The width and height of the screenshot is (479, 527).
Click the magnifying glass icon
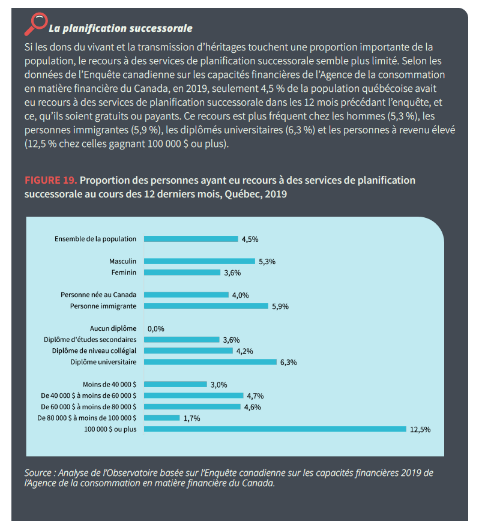pyautogui.click(x=35, y=23)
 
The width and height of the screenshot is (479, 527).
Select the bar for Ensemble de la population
pyautogui.click(x=191, y=239)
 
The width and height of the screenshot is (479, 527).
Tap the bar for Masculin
pyautogui.click(x=199, y=261)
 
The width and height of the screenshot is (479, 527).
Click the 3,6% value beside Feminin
pyautogui.click(x=232, y=273)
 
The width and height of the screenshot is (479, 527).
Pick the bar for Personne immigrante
pyautogui.click(x=206, y=306)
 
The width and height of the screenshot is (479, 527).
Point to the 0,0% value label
pyautogui.click(x=155, y=329)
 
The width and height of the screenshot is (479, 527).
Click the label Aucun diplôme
pyautogui.click(x=113, y=328)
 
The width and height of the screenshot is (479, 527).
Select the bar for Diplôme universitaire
pyautogui.click(x=210, y=363)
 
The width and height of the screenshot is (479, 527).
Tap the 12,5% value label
pyautogui.click(x=420, y=430)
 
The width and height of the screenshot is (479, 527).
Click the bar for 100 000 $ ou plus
pyautogui.click(x=276, y=429)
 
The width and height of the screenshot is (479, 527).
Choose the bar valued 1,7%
pyautogui.click(x=162, y=418)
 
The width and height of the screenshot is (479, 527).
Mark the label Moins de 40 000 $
pyautogui.click(x=109, y=384)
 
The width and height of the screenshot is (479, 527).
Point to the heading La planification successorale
pyautogui.click(x=120, y=28)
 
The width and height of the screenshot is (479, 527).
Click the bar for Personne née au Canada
pyautogui.click(x=187, y=295)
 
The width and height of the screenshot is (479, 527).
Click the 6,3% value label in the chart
pyautogui.click(x=289, y=363)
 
